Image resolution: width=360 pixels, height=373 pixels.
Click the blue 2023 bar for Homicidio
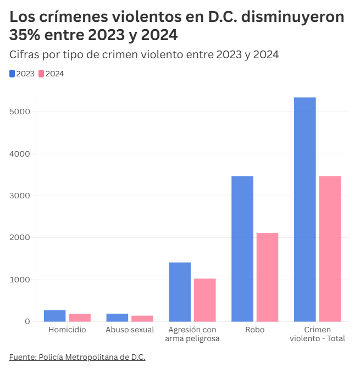54,316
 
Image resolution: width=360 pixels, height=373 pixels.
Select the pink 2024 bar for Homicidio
80,318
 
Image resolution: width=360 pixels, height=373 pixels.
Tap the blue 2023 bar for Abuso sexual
117,318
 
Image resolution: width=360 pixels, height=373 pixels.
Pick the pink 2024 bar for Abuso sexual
142,319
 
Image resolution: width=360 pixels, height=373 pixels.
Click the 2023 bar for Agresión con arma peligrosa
180,292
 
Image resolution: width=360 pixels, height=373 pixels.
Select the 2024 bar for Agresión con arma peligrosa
204,300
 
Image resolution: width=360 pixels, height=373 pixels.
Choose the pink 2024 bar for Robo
267,277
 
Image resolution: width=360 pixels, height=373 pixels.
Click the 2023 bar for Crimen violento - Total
305,209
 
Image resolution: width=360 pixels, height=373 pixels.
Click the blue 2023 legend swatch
12,74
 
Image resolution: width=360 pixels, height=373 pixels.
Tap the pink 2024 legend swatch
41,74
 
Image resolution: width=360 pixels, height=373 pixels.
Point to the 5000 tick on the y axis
20,112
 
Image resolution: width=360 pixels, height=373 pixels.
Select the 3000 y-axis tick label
20,196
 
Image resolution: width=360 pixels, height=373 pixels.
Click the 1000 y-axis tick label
20,280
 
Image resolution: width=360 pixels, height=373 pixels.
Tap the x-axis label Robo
254,330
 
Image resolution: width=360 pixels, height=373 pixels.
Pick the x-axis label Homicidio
67,330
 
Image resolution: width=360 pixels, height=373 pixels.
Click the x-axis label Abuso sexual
130,330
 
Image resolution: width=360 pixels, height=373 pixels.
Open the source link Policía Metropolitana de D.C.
77,357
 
